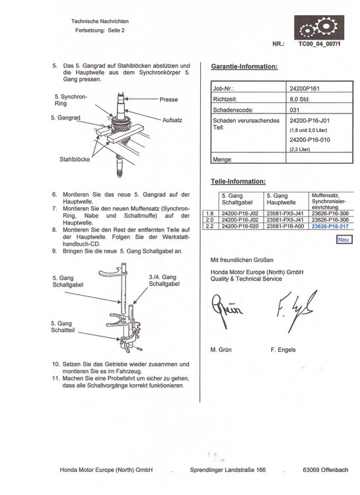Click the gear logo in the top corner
[x=319, y=27]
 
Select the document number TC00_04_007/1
[x=320, y=44]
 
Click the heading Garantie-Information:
[x=244, y=67]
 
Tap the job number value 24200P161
[x=305, y=88]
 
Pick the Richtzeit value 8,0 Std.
[x=299, y=99]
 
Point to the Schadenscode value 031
[x=294, y=110]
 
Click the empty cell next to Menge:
[x=319, y=158]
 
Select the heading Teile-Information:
[x=238, y=181]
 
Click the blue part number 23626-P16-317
[x=330, y=226]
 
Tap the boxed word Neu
[x=343, y=240]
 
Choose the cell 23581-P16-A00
[x=285, y=226]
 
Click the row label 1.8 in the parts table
[x=209, y=213]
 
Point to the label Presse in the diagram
[x=168, y=100]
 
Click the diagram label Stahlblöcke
[x=75, y=160]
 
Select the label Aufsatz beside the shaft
[x=172, y=120]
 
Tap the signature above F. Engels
[x=295, y=311]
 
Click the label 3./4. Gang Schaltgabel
[x=164, y=280]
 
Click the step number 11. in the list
[x=56, y=378]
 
